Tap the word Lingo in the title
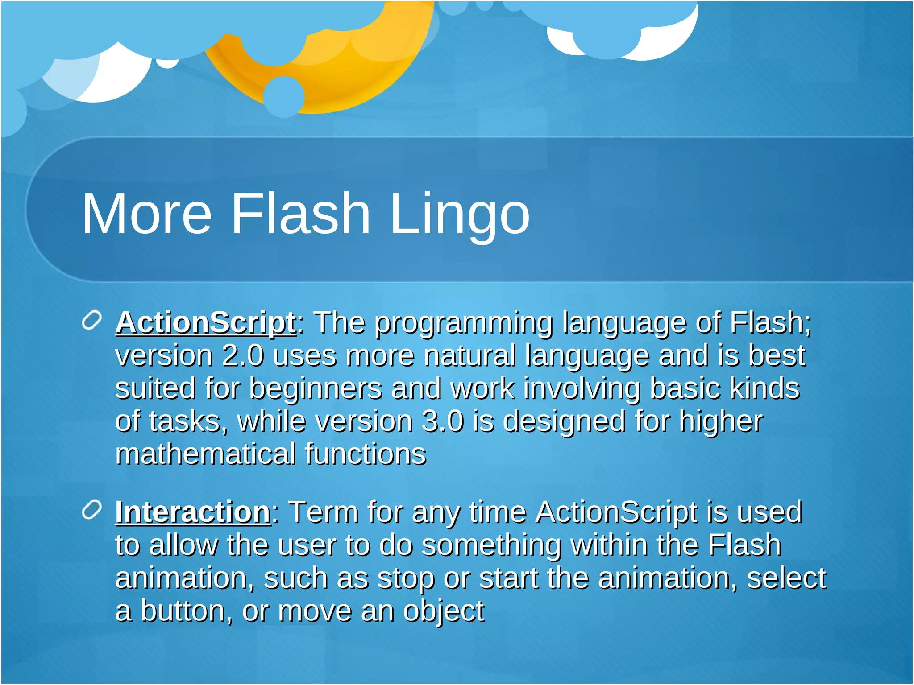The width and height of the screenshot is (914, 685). point(460,214)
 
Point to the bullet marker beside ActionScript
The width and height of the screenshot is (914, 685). point(92,321)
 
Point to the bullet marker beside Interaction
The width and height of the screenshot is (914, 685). point(92,510)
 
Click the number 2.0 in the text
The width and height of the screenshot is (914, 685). point(243,356)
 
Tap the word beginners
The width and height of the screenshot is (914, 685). point(315,388)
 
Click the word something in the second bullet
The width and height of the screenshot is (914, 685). point(491,545)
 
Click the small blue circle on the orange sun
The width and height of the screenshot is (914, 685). point(283,96)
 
